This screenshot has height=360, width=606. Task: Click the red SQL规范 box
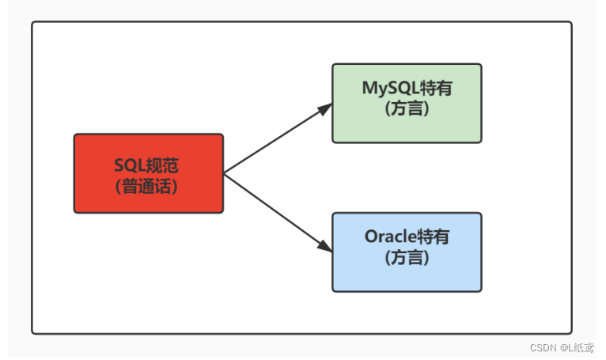click(149, 173)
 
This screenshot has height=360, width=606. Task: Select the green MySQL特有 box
click(407, 103)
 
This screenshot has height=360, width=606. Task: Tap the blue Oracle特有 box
click(407, 252)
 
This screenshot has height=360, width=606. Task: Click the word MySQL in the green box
click(391, 89)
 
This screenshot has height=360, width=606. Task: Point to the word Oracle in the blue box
click(391, 237)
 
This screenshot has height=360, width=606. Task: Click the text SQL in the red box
click(130, 165)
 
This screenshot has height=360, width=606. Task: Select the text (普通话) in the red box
click(146, 187)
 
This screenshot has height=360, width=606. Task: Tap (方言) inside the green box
click(407, 108)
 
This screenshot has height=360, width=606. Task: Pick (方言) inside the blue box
click(407, 257)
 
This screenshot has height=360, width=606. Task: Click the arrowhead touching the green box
click(325, 108)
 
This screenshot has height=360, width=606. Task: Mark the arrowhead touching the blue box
click(325, 246)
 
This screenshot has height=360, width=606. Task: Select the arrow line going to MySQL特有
click(278, 138)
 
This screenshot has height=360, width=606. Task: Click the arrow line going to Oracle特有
click(278, 213)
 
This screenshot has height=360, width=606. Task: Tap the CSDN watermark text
click(543, 347)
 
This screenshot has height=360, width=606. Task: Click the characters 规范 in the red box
click(162, 165)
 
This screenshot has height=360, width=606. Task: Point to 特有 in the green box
click(437, 88)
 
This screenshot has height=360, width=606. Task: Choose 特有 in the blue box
click(434, 237)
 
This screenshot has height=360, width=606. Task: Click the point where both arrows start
click(224, 173)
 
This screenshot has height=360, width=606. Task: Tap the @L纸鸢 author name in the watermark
click(577, 347)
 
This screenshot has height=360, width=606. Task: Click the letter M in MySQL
click(369, 88)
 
